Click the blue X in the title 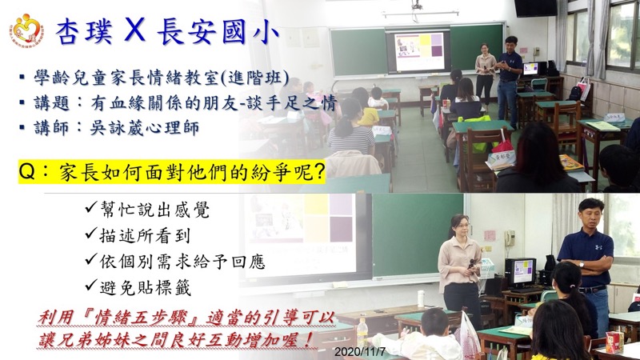point(134,30)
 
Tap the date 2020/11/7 point(359,352)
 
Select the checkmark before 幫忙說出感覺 point(91,207)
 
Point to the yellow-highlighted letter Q point(27,172)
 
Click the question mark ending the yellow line point(318,172)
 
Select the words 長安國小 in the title point(218,31)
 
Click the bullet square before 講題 point(22,102)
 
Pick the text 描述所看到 point(145,235)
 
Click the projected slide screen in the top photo point(418,50)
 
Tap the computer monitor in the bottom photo point(521,272)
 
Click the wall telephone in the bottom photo point(510,238)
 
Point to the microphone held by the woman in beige point(471,264)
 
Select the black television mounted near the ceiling point(535,8)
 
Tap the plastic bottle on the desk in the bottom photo point(362,333)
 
